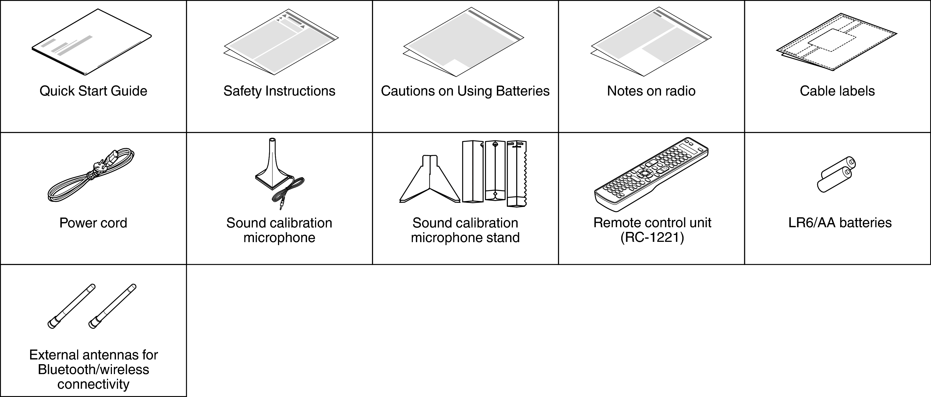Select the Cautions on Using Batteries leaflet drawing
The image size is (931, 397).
(x=464, y=42)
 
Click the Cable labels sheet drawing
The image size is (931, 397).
(x=837, y=42)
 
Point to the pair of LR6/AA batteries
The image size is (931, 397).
(x=836, y=174)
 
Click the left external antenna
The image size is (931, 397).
(x=72, y=306)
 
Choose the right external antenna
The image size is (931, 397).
(x=112, y=306)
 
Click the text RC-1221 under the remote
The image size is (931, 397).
(x=652, y=238)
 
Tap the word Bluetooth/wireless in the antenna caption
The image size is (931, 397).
(x=93, y=370)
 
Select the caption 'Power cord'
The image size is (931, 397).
(x=93, y=223)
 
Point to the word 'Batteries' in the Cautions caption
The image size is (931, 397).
(x=523, y=91)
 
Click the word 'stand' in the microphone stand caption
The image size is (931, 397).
(x=503, y=237)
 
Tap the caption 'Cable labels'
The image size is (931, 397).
(x=837, y=91)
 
